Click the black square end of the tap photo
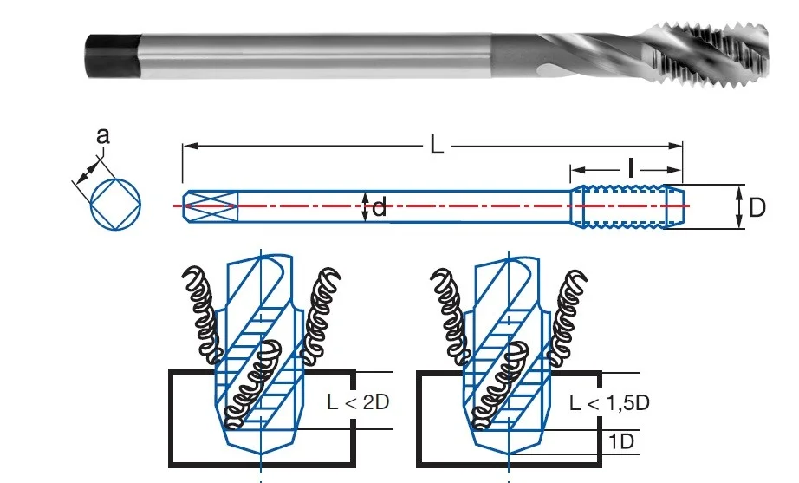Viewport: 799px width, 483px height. (114, 56)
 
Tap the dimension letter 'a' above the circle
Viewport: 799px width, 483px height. (103, 136)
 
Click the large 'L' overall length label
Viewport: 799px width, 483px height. (437, 146)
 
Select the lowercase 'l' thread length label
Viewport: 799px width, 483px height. (631, 168)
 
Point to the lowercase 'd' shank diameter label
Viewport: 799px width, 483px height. (379, 208)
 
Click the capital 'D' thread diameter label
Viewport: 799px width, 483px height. (757, 207)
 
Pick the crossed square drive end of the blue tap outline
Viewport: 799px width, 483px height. (211, 206)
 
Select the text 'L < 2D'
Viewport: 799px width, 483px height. (358, 401)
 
